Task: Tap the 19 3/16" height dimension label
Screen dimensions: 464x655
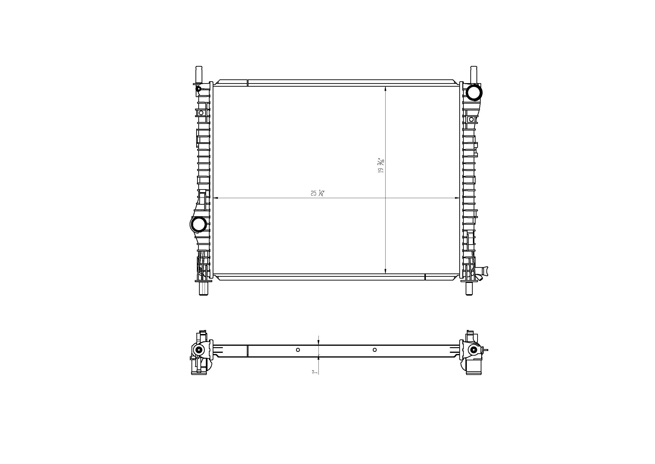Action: point(381,166)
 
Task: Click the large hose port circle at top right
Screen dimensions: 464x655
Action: point(474,92)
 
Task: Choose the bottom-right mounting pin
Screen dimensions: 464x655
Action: point(469,289)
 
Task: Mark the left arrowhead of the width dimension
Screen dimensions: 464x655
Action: point(216,198)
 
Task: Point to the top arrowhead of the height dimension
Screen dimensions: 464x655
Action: point(386,89)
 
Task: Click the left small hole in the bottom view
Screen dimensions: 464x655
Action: point(298,350)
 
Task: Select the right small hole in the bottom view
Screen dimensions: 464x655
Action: point(375,350)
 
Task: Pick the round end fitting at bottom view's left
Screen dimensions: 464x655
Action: point(199,350)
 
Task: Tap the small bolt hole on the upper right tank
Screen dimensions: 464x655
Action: point(472,119)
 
